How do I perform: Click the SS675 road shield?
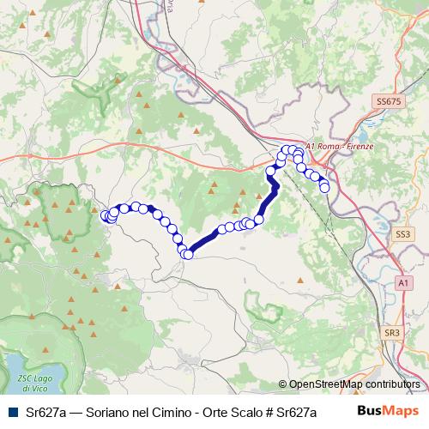tap(389, 101)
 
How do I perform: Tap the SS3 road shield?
tap(402, 233)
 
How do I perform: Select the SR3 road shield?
tap(393, 332)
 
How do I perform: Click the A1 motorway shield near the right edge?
tap(403, 282)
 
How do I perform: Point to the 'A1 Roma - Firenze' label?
tap(341, 147)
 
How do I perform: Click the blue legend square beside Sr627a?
tap(11, 410)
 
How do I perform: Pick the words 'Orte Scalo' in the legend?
tap(231, 410)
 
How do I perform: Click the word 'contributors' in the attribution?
tap(393, 385)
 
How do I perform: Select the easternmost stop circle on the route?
tap(324, 187)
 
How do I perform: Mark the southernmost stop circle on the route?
tap(186, 254)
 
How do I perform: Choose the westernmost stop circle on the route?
tap(106, 216)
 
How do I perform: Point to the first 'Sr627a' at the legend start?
tap(44, 410)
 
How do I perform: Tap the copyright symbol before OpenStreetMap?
tap(283, 385)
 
